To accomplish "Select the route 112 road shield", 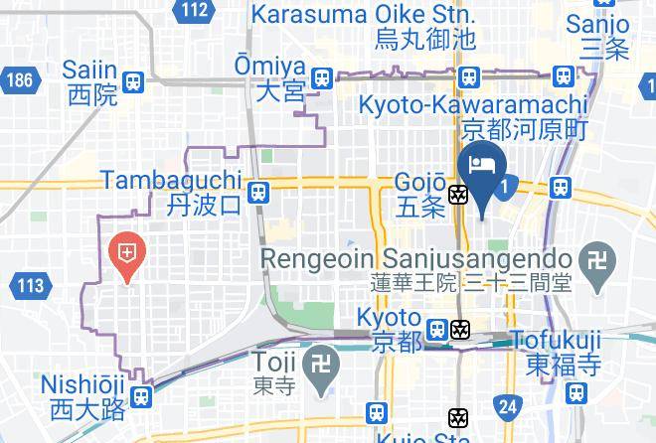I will coord(196,11).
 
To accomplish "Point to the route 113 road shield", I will coord(30,287).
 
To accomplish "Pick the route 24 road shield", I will coord(509,405).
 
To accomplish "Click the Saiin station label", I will coord(90,82).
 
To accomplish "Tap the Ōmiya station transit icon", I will coord(321,77).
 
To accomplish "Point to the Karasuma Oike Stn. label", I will coord(363,27).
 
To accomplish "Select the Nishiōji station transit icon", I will coord(141,396).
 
